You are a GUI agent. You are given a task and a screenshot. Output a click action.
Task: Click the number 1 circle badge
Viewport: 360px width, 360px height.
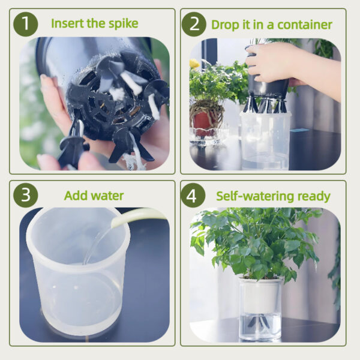click(25, 24)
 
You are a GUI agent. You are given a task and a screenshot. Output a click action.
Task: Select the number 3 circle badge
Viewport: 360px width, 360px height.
click(25, 196)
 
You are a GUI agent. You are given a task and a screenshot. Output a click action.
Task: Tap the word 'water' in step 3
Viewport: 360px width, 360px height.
click(107, 196)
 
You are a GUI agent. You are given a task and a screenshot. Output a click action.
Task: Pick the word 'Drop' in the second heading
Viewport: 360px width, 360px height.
click(224, 25)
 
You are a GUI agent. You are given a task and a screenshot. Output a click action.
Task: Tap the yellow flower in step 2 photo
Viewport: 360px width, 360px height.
click(194, 63)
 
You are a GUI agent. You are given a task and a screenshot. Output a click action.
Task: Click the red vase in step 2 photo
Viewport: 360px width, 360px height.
click(203, 123)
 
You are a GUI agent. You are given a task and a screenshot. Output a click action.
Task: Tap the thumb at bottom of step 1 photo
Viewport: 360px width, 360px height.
click(51, 161)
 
